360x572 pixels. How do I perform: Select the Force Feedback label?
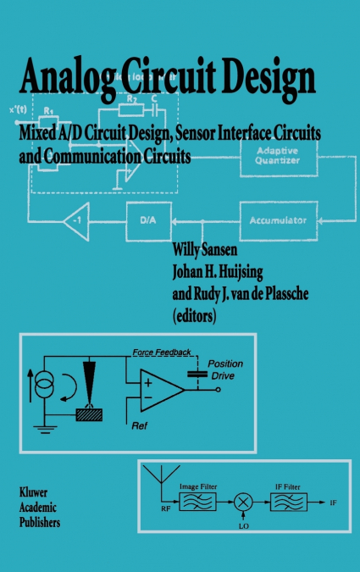162,351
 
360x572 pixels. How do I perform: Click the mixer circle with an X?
244,503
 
